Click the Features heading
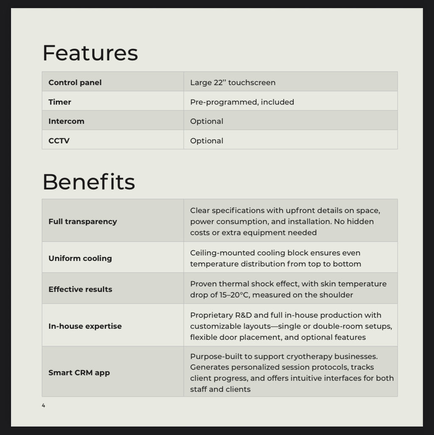click(90, 53)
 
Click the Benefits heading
click(89, 182)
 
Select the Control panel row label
click(75, 82)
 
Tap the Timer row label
click(60, 102)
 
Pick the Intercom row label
click(66, 121)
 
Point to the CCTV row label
click(59, 140)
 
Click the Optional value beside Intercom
click(206, 121)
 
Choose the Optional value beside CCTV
click(206, 140)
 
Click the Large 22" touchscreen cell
click(233, 82)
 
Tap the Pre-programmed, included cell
click(242, 102)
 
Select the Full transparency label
click(83, 221)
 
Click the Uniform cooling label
click(80, 258)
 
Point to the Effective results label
click(80, 289)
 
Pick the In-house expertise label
click(85, 326)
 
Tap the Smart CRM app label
click(79, 373)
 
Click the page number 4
click(43, 405)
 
